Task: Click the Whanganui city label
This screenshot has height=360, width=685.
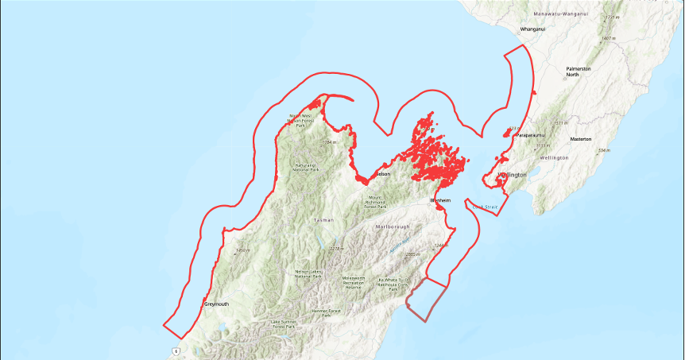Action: [x=532, y=29]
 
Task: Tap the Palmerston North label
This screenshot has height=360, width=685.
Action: [x=579, y=72]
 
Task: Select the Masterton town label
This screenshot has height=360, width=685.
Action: [x=581, y=139]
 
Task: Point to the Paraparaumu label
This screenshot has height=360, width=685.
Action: [x=532, y=135]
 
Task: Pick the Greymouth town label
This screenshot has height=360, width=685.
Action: [x=216, y=304]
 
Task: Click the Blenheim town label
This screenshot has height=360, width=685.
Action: [x=440, y=200]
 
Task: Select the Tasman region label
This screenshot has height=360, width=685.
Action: [x=324, y=219]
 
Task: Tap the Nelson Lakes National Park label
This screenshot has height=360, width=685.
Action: [x=309, y=274]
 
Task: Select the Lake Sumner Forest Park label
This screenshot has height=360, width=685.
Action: [x=284, y=323]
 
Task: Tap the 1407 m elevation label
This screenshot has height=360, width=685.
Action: [x=610, y=38]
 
